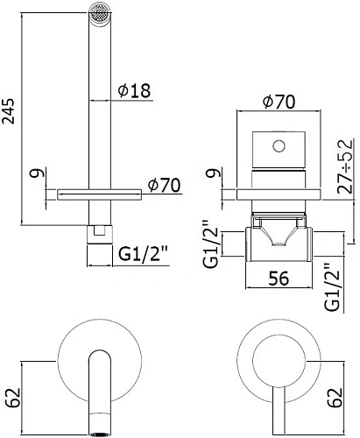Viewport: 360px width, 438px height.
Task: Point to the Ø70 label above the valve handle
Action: (x=279, y=101)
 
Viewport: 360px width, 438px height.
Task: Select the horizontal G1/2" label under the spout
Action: (x=143, y=257)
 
